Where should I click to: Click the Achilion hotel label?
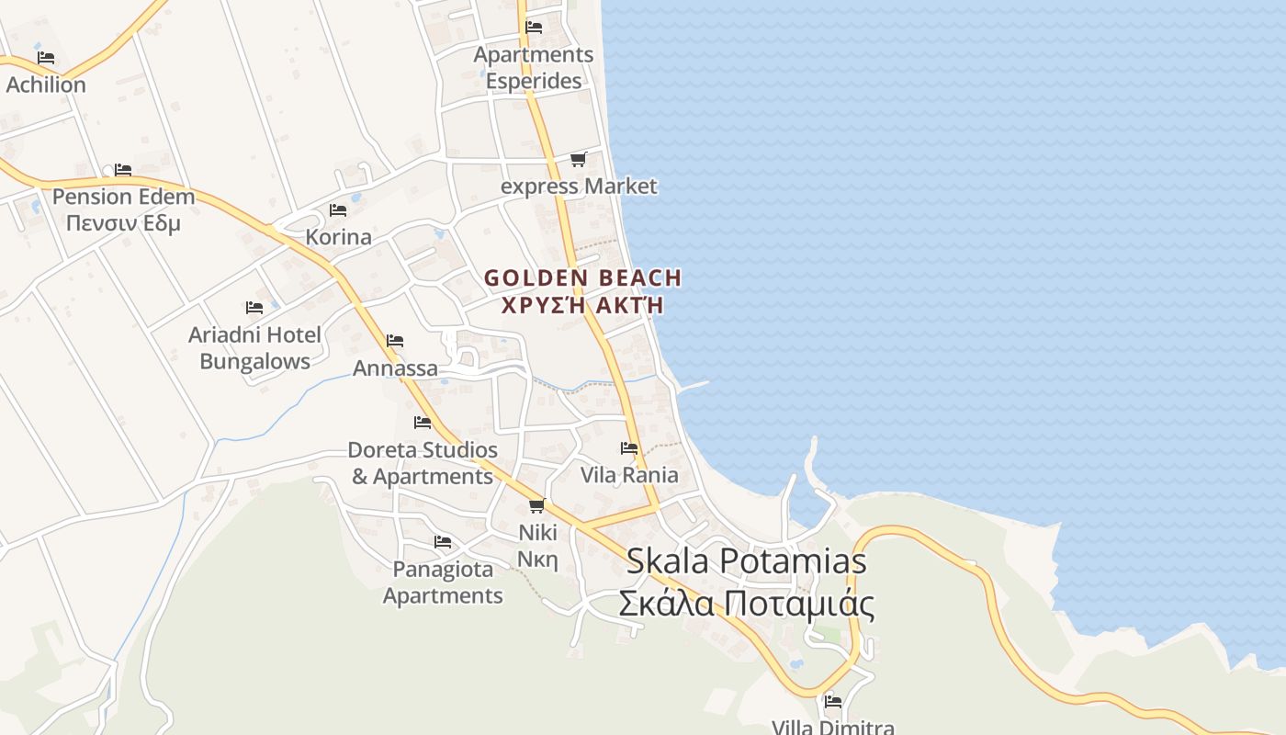click(x=46, y=85)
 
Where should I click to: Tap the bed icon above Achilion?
click(x=46, y=58)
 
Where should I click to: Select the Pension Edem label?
click(x=123, y=197)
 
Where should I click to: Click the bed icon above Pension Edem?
click(x=123, y=170)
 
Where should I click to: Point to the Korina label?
click(x=338, y=237)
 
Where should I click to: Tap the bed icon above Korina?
click(x=338, y=210)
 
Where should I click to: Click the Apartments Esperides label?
click(x=534, y=68)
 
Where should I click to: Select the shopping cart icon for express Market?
click(x=578, y=160)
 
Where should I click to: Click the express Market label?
click(x=579, y=187)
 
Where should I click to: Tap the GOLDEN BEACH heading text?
click(x=583, y=277)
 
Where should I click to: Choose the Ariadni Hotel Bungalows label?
click(x=255, y=347)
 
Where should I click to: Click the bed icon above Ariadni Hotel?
click(x=254, y=308)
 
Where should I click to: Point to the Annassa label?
click(x=396, y=368)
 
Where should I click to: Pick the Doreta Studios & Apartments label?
click(x=423, y=463)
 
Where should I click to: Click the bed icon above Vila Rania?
click(x=629, y=448)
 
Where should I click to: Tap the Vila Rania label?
click(x=629, y=475)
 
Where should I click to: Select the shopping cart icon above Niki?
click(x=537, y=505)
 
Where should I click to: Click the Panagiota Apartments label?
click(x=443, y=582)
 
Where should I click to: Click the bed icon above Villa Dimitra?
click(x=833, y=702)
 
